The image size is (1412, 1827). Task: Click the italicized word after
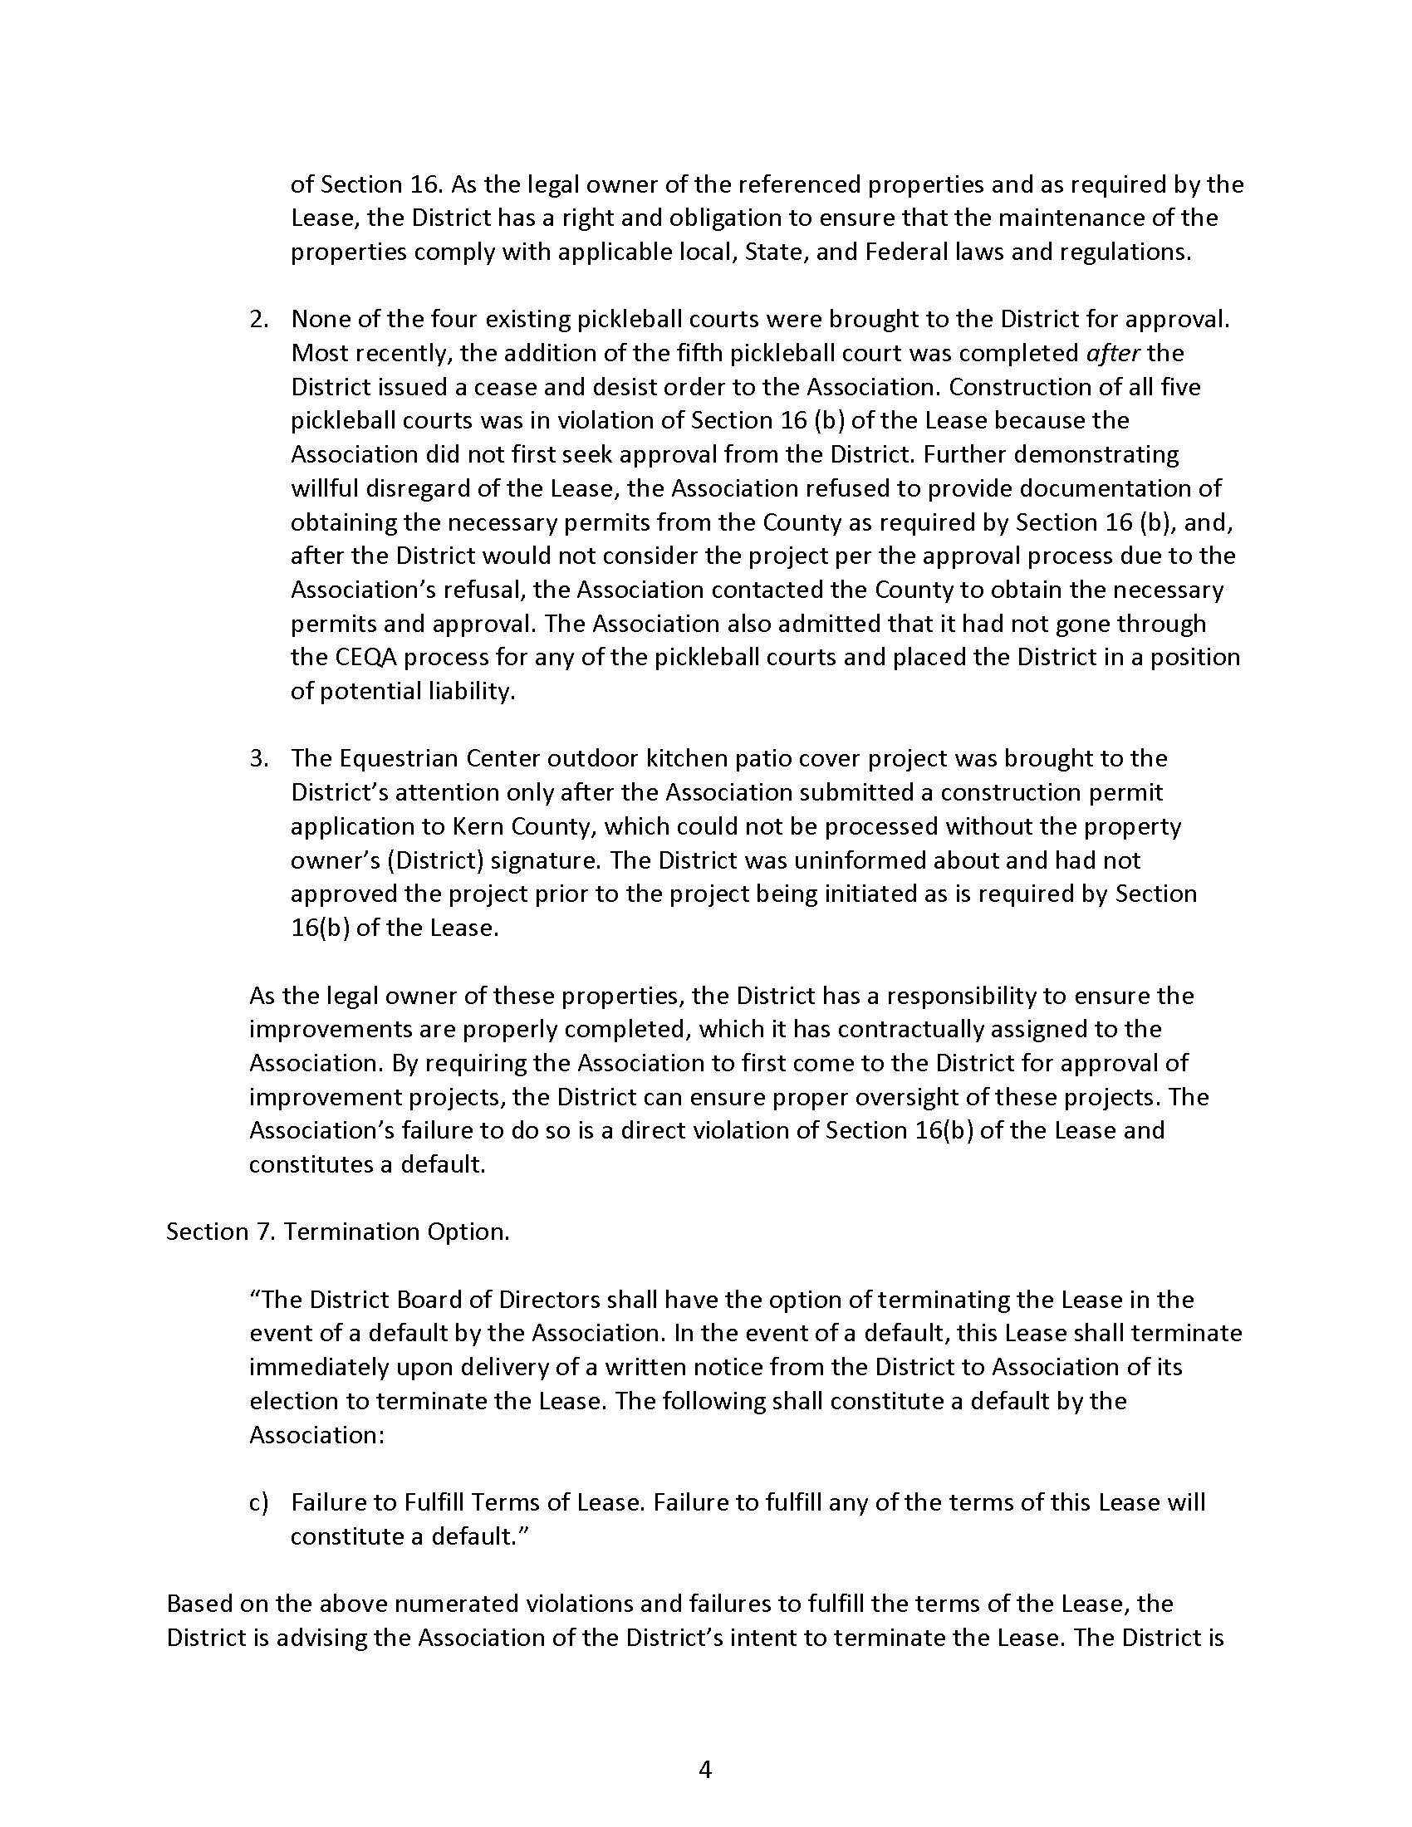click(1112, 353)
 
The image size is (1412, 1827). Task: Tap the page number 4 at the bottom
click(705, 1769)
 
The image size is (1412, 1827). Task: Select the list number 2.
click(259, 320)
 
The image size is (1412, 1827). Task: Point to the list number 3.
click(259, 759)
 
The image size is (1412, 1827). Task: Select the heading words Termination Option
click(396, 1232)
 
